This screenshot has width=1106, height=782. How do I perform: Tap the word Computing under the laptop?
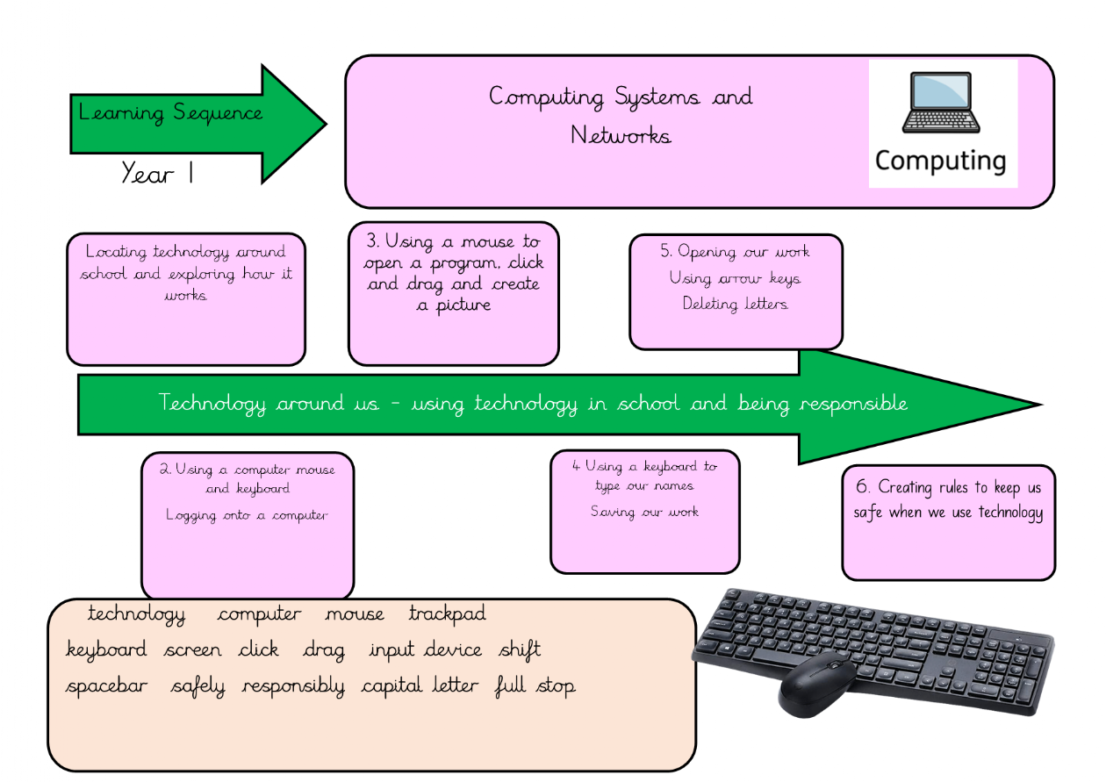coord(940,161)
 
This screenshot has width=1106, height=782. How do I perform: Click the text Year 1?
coord(157,174)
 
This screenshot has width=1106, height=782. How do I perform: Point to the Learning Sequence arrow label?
coord(170,113)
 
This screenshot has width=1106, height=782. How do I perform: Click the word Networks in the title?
coord(621,136)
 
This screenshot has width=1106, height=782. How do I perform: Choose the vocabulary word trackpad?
coord(447,614)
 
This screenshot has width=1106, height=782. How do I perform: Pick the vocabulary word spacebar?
coord(107,686)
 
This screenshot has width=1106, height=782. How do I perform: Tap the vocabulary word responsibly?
coord(293,686)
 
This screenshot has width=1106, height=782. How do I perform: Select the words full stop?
coord(535,686)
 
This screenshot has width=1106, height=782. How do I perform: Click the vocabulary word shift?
coord(520,650)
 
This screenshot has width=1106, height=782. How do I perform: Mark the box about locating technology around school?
coord(186,298)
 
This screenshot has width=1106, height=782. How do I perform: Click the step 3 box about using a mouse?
coord(454,293)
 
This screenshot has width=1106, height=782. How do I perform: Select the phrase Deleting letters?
coord(736,305)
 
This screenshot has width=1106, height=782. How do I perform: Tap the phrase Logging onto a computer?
coord(247,516)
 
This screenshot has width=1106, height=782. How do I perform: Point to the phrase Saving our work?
coord(644,512)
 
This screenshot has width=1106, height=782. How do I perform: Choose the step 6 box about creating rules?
coord(948,522)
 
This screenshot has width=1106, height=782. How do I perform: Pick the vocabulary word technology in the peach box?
coord(137,614)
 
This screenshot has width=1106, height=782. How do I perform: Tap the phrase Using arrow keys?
coord(736,278)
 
